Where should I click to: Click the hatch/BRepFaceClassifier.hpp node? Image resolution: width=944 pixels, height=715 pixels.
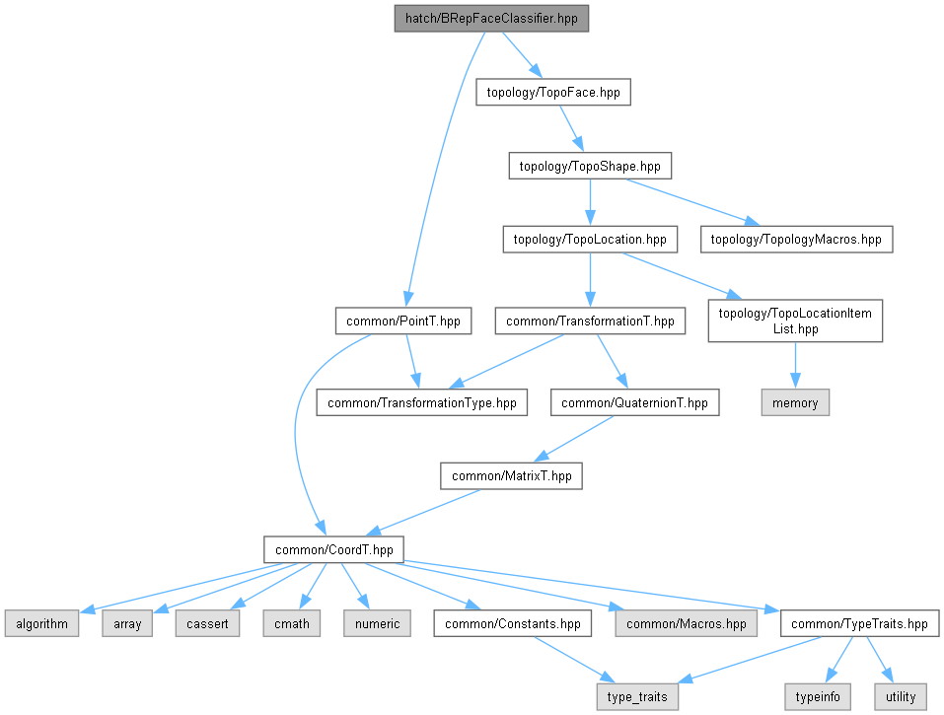(484, 19)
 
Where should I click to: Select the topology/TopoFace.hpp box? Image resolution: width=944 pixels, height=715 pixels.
(552, 92)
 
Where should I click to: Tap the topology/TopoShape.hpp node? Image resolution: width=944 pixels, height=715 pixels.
(590, 166)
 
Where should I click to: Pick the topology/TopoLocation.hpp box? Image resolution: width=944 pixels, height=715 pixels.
(590, 239)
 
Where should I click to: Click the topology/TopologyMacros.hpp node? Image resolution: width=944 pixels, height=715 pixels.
(797, 239)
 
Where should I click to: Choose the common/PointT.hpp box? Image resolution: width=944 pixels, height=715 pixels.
(402, 321)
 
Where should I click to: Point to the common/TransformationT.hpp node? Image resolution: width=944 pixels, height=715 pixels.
(590, 321)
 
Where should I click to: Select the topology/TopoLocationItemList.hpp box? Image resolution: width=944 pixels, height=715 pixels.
(795, 321)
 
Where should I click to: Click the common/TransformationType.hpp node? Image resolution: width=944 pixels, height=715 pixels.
(421, 402)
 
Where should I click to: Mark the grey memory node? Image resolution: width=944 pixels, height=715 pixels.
(795, 402)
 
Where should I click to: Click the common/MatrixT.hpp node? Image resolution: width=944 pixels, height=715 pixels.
(511, 475)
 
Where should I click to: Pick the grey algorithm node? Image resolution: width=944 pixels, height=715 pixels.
(40, 623)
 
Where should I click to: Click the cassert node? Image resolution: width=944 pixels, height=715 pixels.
(207, 623)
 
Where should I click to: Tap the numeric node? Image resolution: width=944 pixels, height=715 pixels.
(377, 623)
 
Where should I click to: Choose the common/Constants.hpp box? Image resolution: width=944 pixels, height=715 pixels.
(513, 623)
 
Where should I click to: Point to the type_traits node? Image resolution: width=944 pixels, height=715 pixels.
(637, 696)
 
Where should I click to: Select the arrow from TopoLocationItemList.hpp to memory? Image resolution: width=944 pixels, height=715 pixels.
(795, 366)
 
